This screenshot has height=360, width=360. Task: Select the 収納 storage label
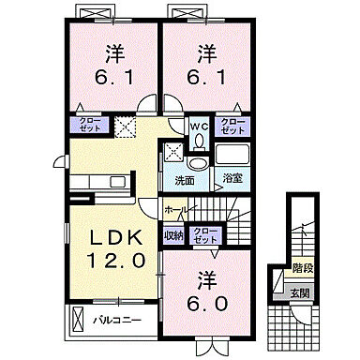pos(173,235)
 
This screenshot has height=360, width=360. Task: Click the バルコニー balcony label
pos(117,321)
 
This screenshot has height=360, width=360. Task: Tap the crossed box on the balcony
pos(79,321)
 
